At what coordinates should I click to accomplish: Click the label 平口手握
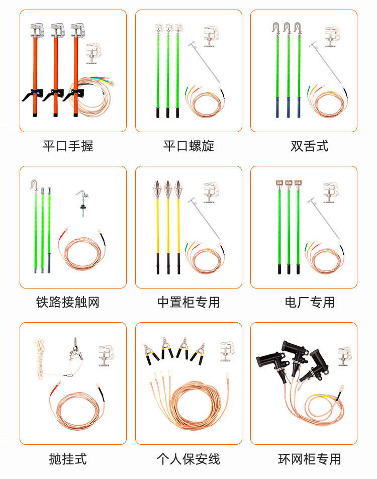click(x=68, y=146)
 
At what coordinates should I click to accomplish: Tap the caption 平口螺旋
click(x=189, y=146)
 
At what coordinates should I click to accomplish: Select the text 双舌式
click(x=310, y=146)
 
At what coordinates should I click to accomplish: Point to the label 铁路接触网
click(x=68, y=303)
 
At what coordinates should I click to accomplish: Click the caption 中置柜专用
click(x=189, y=303)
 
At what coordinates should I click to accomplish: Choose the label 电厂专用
click(x=310, y=303)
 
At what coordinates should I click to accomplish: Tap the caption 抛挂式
click(x=68, y=459)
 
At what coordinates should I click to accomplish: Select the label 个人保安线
click(x=189, y=459)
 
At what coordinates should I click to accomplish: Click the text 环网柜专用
click(x=310, y=459)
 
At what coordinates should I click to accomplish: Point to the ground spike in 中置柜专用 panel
click(x=204, y=218)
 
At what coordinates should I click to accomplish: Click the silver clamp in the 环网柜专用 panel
click(x=345, y=356)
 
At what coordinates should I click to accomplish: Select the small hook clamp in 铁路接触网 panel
click(x=82, y=203)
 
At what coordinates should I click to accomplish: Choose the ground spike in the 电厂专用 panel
click(x=324, y=218)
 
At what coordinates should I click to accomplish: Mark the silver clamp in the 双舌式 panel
click(x=332, y=37)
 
